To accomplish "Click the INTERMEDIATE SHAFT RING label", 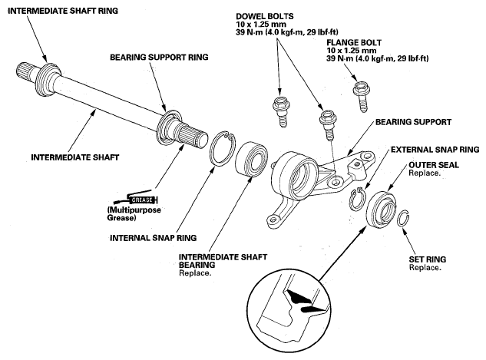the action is (x=63, y=11).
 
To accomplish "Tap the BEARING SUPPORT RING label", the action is (x=160, y=58).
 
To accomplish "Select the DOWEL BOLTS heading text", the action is (x=265, y=16).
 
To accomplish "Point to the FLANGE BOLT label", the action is (x=354, y=42).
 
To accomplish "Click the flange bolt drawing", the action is (x=361, y=96).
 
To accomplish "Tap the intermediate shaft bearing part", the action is (x=252, y=158).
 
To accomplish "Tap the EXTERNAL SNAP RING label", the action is (x=435, y=150).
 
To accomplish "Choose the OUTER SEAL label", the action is (x=434, y=165).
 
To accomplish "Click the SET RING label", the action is (x=428, y=259).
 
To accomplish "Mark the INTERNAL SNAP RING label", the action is (x=154, y=238).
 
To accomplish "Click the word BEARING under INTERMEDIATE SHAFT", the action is (x=197, y=265).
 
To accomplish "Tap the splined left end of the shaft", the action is (x=26, y=71).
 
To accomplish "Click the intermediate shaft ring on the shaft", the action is (x=47, y=78).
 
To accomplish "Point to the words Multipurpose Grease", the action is (x=134, y=213).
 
